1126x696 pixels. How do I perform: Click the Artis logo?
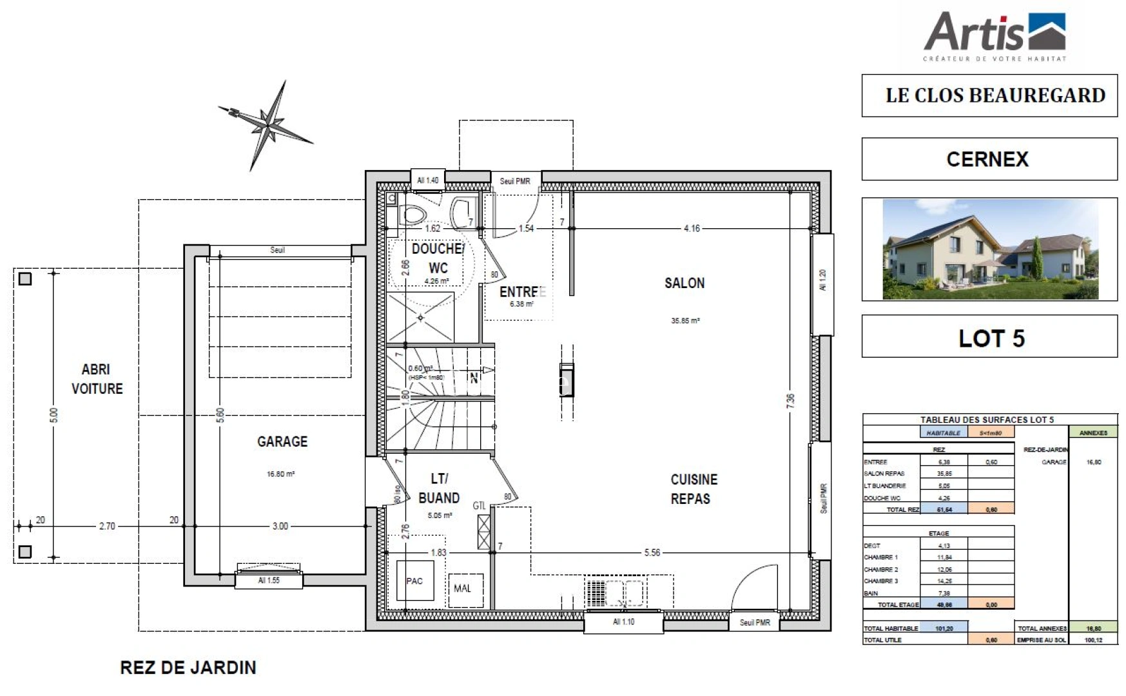994,35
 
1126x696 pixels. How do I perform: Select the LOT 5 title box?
989,337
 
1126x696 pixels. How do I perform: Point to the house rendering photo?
989,249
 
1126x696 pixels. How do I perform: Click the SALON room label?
684,283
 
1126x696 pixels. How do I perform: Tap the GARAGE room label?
282,441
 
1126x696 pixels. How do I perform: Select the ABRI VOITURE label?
96,379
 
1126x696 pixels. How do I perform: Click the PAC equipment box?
414,581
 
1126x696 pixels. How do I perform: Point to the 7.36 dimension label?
791,400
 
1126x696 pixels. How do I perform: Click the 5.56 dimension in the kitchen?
652,553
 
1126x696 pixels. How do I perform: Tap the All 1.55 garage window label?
269,581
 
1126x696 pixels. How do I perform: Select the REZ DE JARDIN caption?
188,668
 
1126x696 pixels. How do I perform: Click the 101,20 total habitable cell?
944,628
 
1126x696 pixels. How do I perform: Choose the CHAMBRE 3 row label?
881,581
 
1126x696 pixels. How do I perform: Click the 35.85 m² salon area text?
685,321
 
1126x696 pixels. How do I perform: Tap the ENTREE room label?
522,292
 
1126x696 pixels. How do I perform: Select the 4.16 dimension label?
692,228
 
